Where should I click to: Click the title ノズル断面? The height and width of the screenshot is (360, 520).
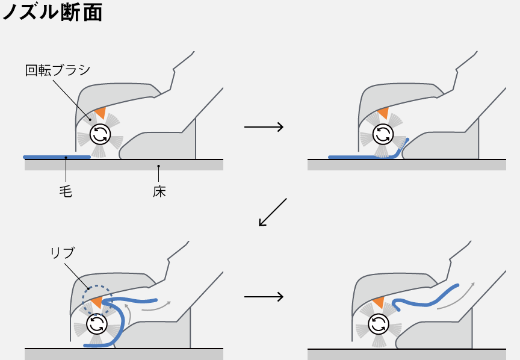click(x=52, y=13)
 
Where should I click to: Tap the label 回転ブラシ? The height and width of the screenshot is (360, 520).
click(x=57, y=70)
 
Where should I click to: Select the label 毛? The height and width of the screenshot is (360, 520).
click(x=66, y=191)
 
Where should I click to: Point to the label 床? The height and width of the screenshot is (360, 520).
click(x=159, y=191)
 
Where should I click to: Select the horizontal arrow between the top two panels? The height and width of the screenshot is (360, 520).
click(x=264, y=127)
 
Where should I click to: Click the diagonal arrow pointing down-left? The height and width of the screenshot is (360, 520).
click(x=273, y=212)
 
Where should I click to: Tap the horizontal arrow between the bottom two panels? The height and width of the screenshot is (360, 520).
click(x=264, y=297)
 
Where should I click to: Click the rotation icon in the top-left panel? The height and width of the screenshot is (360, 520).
click(x=100, y=134)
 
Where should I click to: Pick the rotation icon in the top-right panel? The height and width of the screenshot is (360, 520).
click(x=382, y=134)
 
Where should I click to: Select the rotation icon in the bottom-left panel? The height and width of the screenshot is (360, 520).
click(x=96, y=325)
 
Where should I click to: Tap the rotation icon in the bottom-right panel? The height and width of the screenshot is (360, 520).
click(x=379, y=325)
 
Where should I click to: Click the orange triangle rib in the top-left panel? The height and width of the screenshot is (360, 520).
click(x=101, y=113)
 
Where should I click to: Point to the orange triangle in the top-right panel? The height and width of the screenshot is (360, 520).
click(x=383, y=113)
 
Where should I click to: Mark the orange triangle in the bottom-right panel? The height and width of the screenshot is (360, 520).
click(x=379, y=302)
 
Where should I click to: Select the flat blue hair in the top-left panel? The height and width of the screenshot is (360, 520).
click(x=57, y=157)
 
